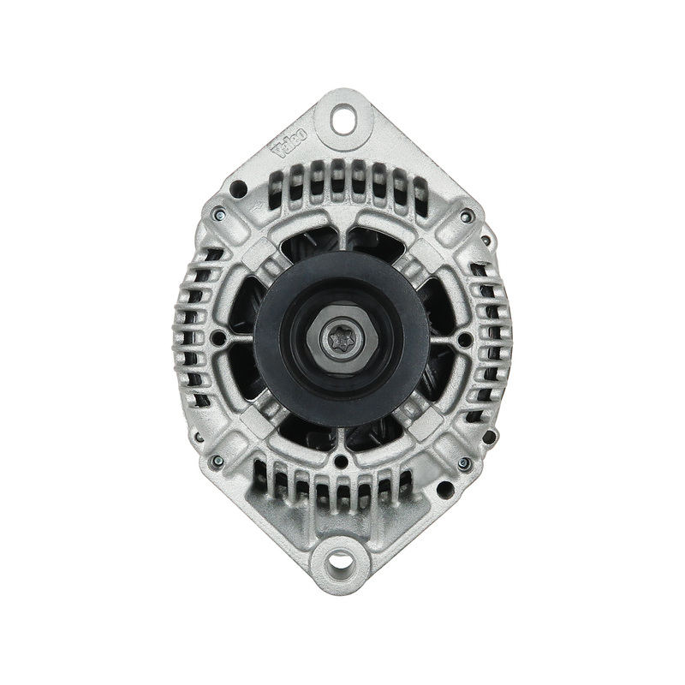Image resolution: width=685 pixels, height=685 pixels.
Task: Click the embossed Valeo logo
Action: click(x=291, y=143)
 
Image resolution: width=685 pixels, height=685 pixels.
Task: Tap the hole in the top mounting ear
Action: click(x=342, y=117)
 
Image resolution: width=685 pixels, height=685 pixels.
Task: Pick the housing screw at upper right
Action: click(x=465, y=215)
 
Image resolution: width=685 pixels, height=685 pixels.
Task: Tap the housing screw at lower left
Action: click(x=217, y=460)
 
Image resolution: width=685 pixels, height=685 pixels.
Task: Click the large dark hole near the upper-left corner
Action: click(x=239, y=188)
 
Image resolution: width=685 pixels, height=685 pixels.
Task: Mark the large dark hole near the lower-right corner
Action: click(x=444, y=488)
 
